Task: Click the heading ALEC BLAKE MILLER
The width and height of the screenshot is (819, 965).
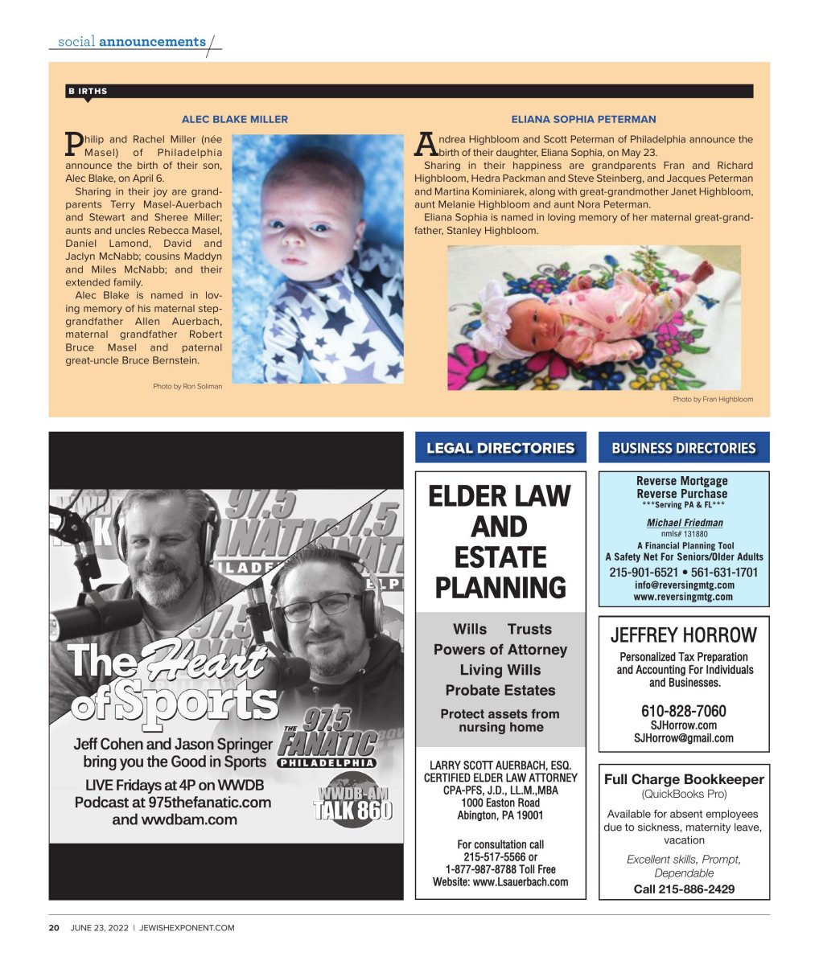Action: [x=234, y=119]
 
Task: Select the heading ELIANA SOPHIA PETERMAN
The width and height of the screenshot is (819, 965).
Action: [x=583, y=119]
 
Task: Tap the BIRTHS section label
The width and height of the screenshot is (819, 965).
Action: [x=88, y=92]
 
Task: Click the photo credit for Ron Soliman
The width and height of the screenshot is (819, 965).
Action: [x=187, y=387]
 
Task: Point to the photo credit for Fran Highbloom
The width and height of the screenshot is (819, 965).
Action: [x=713, y=400]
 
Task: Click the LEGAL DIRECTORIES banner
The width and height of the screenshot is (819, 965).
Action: [x=500, y=448]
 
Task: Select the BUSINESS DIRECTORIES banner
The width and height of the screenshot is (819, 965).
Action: [x=684, y=448]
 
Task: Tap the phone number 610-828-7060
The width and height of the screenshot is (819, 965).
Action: [x=683, y=711]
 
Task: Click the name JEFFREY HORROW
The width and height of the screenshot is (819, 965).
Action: [x=684, y=635]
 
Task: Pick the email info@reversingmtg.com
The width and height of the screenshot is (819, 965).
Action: [x=683, y=585]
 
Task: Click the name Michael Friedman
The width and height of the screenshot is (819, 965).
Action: [x=685, y=523]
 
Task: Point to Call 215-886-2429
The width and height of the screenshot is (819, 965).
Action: [x=684, y=889]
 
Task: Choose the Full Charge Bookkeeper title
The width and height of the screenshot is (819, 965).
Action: [x=684, y=779]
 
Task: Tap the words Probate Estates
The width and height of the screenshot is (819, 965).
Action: [x=500, y=690]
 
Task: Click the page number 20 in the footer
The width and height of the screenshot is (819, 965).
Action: [x=54, y=928]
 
